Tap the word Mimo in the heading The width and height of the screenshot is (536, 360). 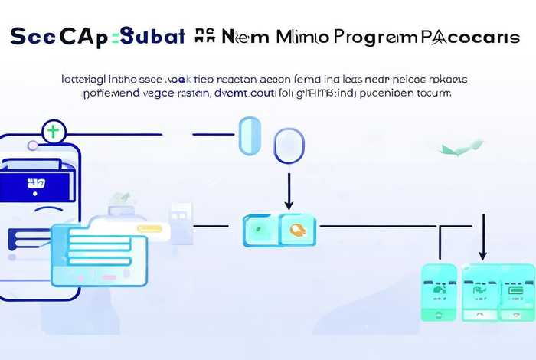click(299, 36)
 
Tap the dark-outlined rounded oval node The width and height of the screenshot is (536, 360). click(289, 146)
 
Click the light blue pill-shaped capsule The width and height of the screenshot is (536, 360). click(250, 136)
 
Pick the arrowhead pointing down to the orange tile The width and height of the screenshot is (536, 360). click(289, 205)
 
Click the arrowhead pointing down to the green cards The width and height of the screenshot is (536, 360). click(482, 255)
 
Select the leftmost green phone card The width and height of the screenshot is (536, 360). click(440, 292)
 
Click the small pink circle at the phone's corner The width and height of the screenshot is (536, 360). click(31, 146)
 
